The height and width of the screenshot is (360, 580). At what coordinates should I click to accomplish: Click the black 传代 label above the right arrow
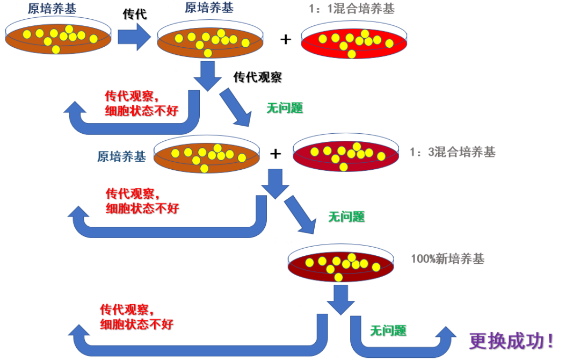click(x=135, y=15)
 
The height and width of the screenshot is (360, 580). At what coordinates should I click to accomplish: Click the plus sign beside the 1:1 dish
click(x=286, y=39)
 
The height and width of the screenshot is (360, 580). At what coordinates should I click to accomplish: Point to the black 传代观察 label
click(x=257, y=77)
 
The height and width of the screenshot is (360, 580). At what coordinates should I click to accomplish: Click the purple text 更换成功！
click(x=511, y=340)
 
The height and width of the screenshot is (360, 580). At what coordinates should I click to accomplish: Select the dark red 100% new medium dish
click(x=342, y=265)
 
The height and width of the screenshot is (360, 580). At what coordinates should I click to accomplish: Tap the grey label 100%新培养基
click(x=447, y=259)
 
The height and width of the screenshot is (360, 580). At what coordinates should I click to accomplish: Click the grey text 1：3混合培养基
click(x=452, y=152)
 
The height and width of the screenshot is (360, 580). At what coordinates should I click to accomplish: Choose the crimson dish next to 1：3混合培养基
click(x=346, y=155)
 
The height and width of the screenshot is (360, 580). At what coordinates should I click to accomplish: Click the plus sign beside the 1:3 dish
click(x=275, y=154)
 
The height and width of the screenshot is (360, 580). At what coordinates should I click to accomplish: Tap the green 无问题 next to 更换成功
click(x=388, y=330)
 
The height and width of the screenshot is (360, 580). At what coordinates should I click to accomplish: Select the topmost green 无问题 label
click(x=285, y=108)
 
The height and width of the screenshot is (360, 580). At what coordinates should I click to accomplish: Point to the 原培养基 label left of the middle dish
click(x=121, y=156)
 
